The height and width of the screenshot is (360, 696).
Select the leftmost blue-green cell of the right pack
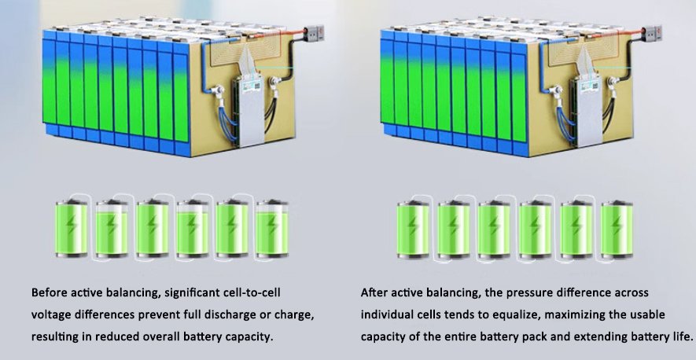coord(386,83)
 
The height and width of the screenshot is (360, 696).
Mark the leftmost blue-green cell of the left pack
coord(49,83)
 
